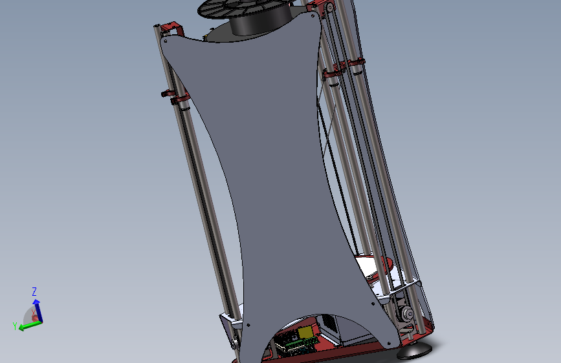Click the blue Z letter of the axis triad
(x=34, y=291)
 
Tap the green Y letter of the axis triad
(x=14, y=326)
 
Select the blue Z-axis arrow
(x=37, y=307)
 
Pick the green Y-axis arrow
(x=27, y=325)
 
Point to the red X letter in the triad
(x=34, y=312)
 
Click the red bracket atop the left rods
(x=172, y=27)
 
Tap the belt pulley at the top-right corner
(x=329, y=8)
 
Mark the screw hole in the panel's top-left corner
(x=166, y=41)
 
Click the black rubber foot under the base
(x=415, y=352)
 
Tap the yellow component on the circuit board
(x=305, y=332)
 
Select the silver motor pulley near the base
(x=408, y=314)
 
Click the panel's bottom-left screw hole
(x=248, y=324)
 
